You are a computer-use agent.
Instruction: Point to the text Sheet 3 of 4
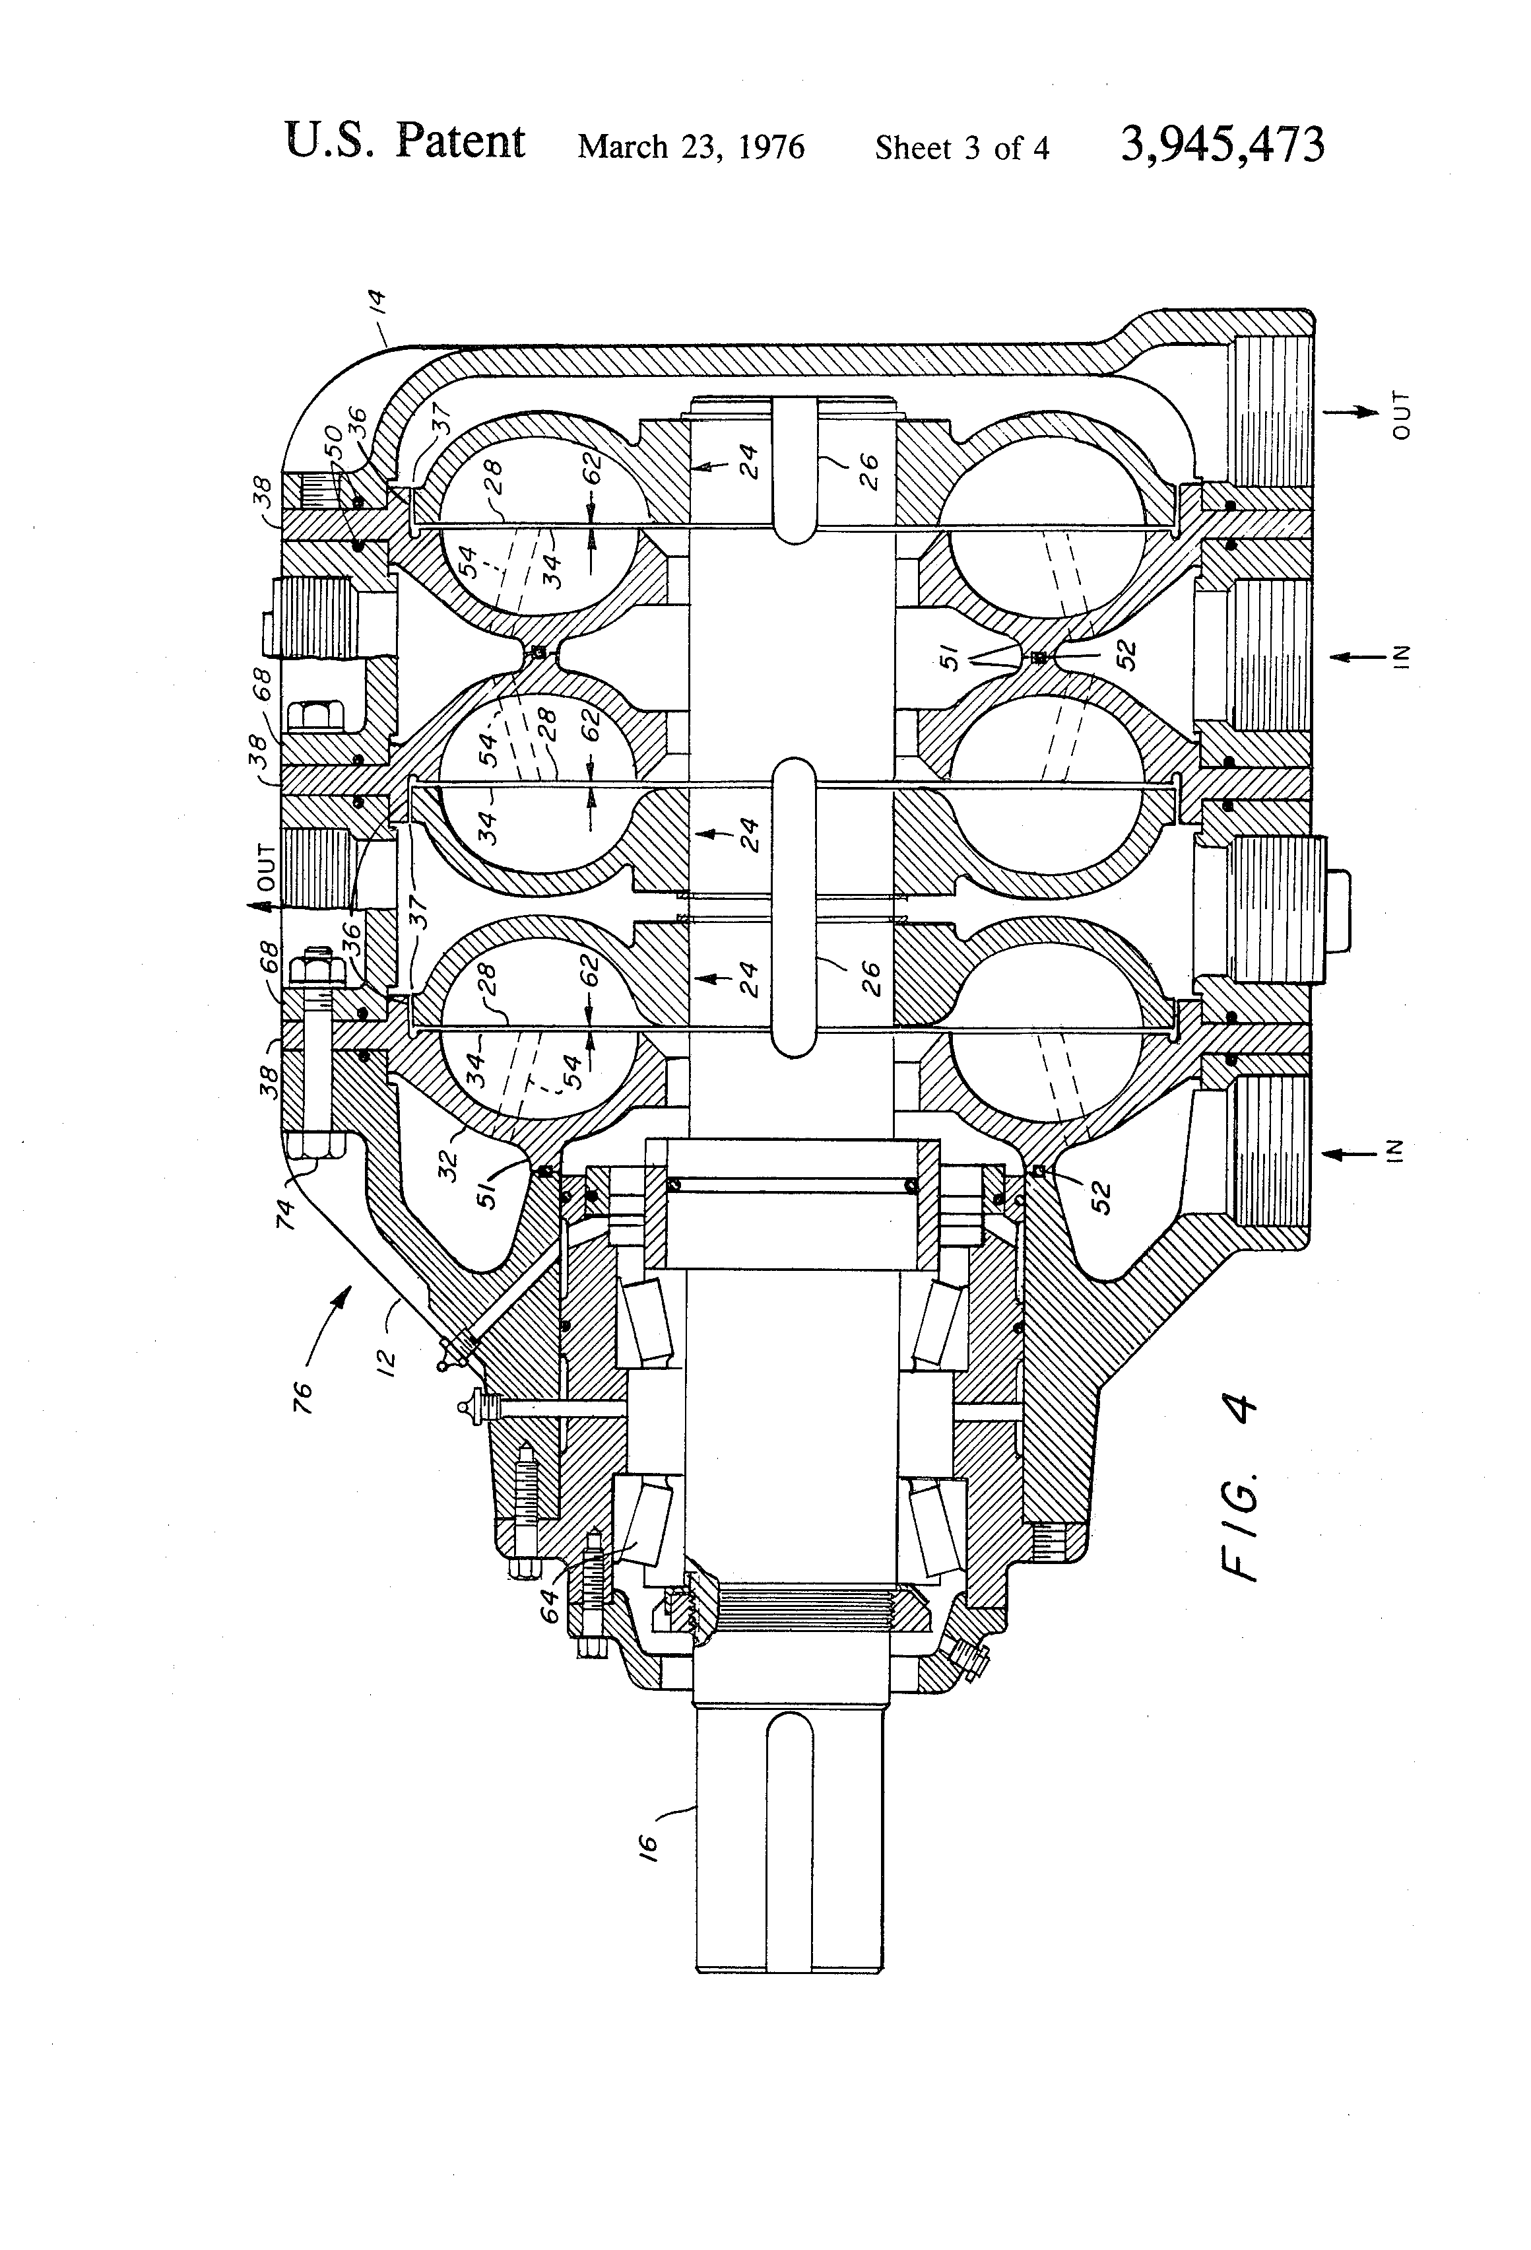(x=962, y=147)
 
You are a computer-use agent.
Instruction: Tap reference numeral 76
(x=303, y=1394)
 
